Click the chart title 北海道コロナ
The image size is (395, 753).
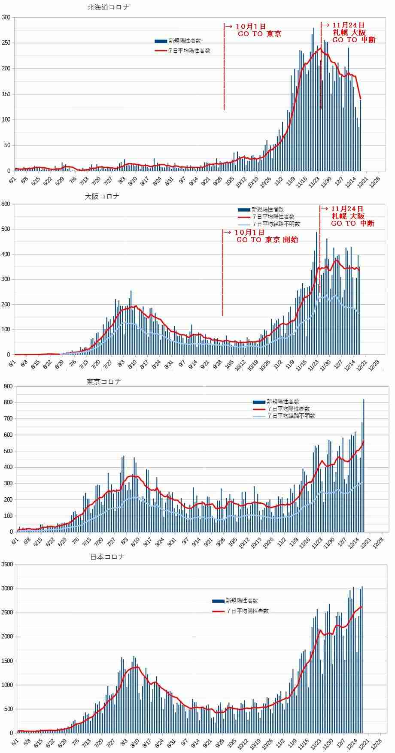(x=108, y=7)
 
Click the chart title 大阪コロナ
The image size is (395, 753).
(x=102, y=197)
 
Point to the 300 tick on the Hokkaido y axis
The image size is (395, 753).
(x=6, y=17)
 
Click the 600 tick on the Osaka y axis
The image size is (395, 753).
(x=6, y=204)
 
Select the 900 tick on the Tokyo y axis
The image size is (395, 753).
(x=8, y=386)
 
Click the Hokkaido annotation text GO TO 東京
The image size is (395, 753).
(x=260, y=34)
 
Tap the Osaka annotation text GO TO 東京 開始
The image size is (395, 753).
(x=267, y=240)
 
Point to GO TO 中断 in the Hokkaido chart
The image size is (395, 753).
(x=354, y=40)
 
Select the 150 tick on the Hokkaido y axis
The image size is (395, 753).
(x=6, y=94)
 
